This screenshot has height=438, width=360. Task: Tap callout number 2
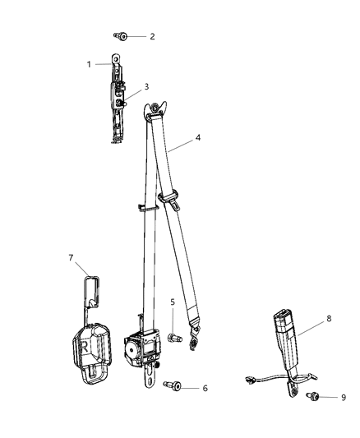[x=151, y=37]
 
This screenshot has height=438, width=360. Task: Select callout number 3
[x=146, y=85]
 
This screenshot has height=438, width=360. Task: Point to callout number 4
[x=196, y=140]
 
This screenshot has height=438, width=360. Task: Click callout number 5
[x=173, y=302]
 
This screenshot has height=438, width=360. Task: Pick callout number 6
[x=205, y=388]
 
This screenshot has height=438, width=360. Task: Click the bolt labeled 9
[x=312, y=397]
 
